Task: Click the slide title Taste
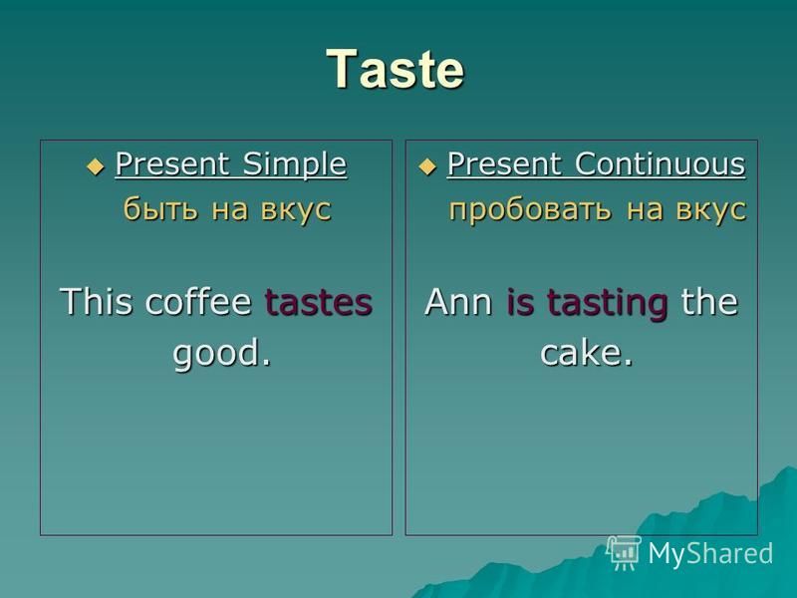[395, 69]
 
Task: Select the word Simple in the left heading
[295, 164]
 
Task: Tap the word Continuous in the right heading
[660, 164]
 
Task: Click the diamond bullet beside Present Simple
[95, 166]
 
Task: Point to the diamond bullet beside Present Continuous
[427, 166]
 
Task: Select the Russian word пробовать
[531, 209]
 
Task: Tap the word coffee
[198, 301]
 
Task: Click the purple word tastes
[319, 302]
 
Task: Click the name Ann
[458, 302]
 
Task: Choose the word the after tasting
[709, 302]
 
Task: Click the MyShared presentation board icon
[624, 553]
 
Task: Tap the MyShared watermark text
[710, 553]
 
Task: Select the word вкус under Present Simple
[296, 209]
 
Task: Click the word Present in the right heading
[504, 164]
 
